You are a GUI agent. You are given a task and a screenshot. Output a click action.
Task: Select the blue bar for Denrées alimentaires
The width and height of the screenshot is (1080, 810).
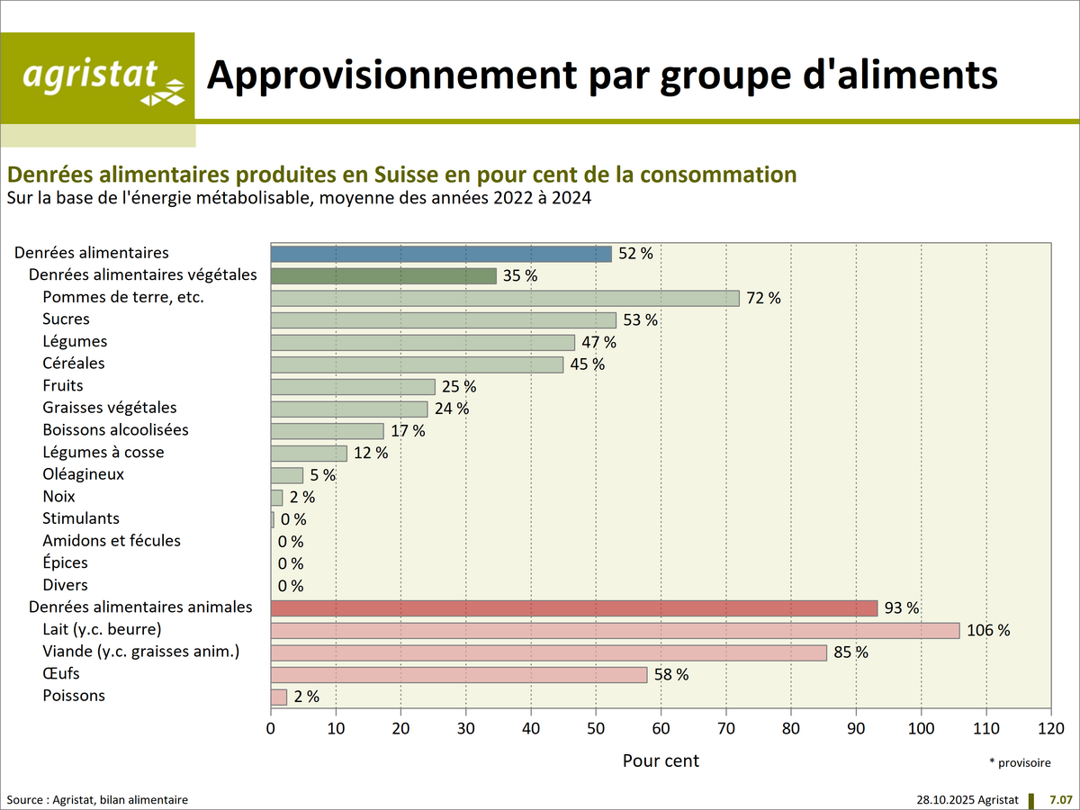click(441, 254)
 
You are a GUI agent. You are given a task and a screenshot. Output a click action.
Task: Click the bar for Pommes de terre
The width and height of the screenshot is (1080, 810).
click(505, 298)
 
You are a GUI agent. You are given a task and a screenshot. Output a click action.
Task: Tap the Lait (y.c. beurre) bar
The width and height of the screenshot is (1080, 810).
click(615, 630)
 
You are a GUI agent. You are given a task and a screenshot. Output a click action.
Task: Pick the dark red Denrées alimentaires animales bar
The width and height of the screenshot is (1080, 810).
click(573, 608)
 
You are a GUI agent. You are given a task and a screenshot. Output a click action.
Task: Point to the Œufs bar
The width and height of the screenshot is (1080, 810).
click(459, 674)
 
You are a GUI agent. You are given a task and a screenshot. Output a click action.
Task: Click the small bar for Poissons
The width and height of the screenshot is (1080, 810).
click(279, 697)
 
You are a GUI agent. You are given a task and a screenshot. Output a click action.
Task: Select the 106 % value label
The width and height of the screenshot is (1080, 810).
click(988, 630)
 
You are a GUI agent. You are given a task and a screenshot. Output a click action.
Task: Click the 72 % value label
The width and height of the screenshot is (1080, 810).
click(763, 298)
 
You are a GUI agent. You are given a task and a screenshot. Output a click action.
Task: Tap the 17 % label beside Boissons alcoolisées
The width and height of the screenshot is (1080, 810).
click(408, 431)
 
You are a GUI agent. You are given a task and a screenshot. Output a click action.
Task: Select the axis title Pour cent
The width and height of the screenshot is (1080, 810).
click(661, 760)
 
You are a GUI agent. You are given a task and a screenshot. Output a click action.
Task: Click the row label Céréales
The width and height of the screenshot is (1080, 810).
click(73, 364)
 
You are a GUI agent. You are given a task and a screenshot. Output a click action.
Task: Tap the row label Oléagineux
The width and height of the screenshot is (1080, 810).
click(83, 474)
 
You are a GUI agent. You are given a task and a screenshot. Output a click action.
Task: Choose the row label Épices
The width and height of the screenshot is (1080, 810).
click(65, 562)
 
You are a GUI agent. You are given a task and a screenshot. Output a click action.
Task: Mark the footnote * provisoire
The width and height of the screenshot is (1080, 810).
click(1020, 762)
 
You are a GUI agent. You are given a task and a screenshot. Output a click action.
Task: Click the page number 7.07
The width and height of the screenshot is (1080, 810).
click(1061, 799)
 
